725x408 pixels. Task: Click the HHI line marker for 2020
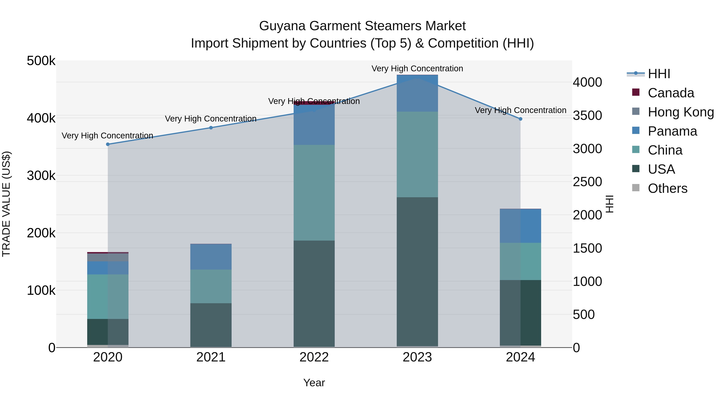108,144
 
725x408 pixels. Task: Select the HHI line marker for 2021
211,128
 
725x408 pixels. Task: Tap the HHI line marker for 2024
520,119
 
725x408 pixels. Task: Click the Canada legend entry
671,93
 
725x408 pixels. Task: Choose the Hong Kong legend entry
680,112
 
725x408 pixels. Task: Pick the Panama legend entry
672,131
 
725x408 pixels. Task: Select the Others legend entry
667,188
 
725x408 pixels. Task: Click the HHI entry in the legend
659,74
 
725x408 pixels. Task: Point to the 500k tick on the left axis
41,61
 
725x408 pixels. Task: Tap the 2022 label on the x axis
314,357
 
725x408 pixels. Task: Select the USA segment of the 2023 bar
417,272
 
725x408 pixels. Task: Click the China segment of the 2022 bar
314,193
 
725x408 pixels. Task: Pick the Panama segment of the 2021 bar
211,257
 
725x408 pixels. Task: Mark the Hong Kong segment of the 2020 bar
108,257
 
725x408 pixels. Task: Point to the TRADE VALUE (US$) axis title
6,204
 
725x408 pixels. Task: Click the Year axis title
314,383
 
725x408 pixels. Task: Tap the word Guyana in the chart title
282,26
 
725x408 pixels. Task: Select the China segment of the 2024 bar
520,261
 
